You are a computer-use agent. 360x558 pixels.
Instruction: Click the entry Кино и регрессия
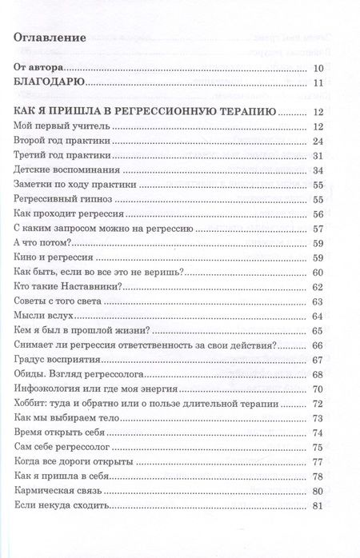point(55,257)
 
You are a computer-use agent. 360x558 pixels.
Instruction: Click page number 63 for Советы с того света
point(318,301)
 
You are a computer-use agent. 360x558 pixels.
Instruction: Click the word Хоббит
point(32,403)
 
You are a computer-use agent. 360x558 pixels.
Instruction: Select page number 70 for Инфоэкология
point(318,389)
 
